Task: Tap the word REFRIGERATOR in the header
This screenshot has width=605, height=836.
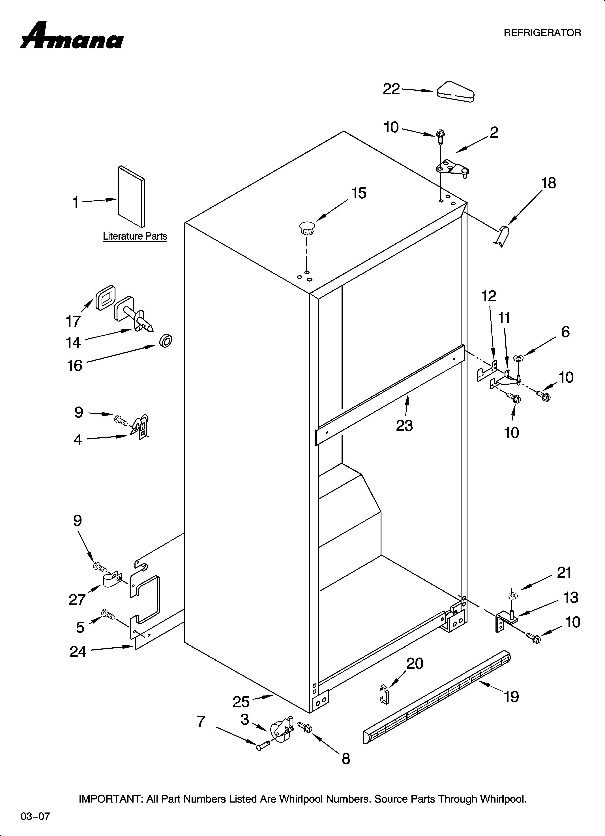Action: pyautogui.click(x=542, y=33)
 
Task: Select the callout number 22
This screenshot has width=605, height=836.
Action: pyautogui.click(x=391, y=89)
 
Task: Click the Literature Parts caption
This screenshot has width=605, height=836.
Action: pyautogui.click(x=135, y=236)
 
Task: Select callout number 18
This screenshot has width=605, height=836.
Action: pyautogui.click(x=549, y=183)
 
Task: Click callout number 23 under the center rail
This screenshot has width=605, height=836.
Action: pyautogui.click(x=404, y=426)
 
